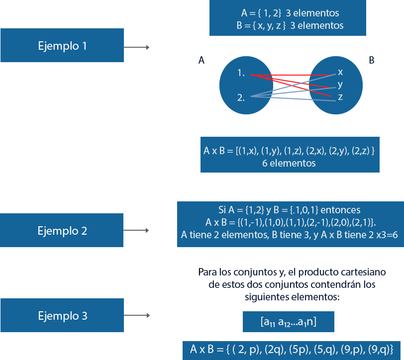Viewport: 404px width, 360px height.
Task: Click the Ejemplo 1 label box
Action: coord(62,46)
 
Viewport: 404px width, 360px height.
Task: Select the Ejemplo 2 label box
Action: coord(62,231)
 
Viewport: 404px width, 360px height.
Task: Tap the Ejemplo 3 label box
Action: coord(62,316)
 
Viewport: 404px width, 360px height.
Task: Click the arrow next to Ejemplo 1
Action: coord(136,47)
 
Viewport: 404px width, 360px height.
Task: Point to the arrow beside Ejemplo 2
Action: coord(136,231)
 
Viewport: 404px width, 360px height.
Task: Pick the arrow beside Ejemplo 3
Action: coord(136,316)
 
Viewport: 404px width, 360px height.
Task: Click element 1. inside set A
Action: coord(241,73)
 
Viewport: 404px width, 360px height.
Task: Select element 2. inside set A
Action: coord(241,98)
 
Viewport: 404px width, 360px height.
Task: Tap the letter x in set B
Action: coord(340,72)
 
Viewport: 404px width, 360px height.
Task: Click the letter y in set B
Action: coord(340,85)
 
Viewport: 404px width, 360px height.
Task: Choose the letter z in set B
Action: coord(340,97)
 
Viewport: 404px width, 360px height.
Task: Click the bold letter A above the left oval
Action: coord(202,61)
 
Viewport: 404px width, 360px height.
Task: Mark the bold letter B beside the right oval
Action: coord(371,61)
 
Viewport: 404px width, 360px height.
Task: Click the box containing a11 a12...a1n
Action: coord(288,322)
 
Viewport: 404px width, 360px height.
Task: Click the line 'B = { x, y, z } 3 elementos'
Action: coord(287,25)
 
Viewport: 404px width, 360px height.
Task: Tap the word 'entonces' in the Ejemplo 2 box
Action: coord(341,210)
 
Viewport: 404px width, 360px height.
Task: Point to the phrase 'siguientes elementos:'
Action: coord(292,297)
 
